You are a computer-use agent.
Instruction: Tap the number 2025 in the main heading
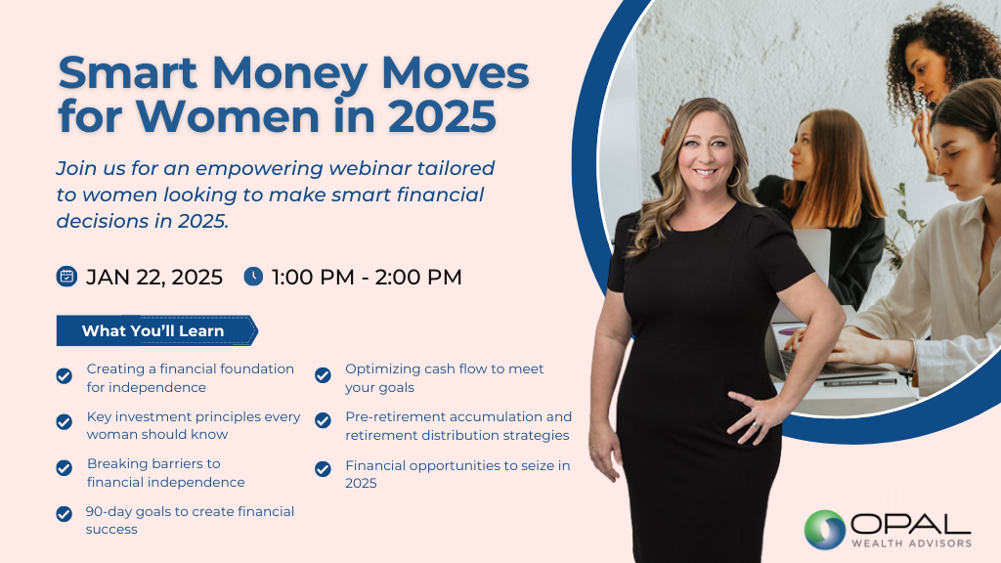coord(441,116)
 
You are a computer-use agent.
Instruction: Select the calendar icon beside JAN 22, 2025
coord(66,277)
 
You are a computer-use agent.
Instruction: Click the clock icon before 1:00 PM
coord(253,277)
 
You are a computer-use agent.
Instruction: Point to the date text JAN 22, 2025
coord(154,277)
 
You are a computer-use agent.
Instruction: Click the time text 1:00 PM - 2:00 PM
coord(367,277)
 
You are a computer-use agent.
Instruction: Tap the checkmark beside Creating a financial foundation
coord(65,376)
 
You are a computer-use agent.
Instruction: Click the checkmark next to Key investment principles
coord(65,422)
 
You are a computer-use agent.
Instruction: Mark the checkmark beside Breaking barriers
coord(65,469)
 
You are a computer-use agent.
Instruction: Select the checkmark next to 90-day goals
coord(65,514)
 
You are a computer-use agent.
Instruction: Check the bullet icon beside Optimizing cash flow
coord(323,375)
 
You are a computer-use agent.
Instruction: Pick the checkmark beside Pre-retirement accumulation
coord(323,421)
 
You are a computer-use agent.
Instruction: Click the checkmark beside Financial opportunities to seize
coord(323,469)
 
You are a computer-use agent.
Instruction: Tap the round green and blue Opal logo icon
coord(824,529)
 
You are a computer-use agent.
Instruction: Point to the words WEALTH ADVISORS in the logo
coord(909,543)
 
